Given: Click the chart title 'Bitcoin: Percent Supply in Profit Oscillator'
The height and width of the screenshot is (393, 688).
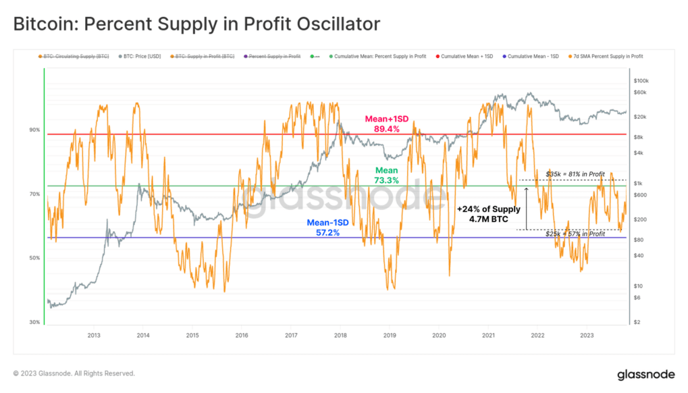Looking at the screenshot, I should click(x=196, y=24).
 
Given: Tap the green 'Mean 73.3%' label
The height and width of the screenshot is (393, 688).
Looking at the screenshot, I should click(x=386, y=176).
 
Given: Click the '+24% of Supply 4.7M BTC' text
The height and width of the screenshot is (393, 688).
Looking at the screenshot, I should click(x=489, y=214).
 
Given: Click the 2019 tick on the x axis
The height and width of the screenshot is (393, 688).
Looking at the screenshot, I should click(x=390, y=335).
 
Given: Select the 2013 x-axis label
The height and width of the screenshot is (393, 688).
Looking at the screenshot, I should click(x=94, y=335).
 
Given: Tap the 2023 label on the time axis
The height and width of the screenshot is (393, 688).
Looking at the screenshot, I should click(x=587, y=335).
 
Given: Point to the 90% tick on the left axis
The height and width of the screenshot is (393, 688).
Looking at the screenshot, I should click(x=34, y=130).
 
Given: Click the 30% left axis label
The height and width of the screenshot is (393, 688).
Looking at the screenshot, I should click(x=34, y=323).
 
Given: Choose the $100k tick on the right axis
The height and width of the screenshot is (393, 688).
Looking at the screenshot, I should click(x=641, y=80).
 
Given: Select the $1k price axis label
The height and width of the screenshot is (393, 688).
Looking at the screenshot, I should click(x=638, y=184).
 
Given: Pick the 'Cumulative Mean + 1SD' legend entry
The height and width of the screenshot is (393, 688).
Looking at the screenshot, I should click(x=466, y=57).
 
